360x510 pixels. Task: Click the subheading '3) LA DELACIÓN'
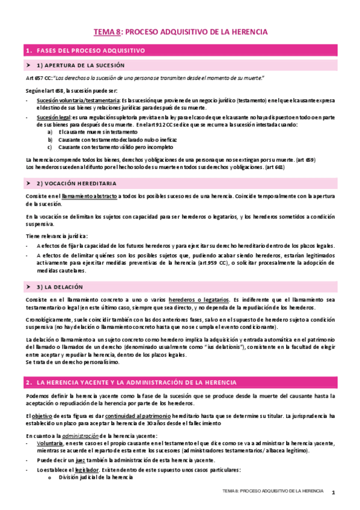pos(60,287)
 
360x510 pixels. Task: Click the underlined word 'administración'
pos(73,435)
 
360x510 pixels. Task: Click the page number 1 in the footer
pos(332,492)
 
